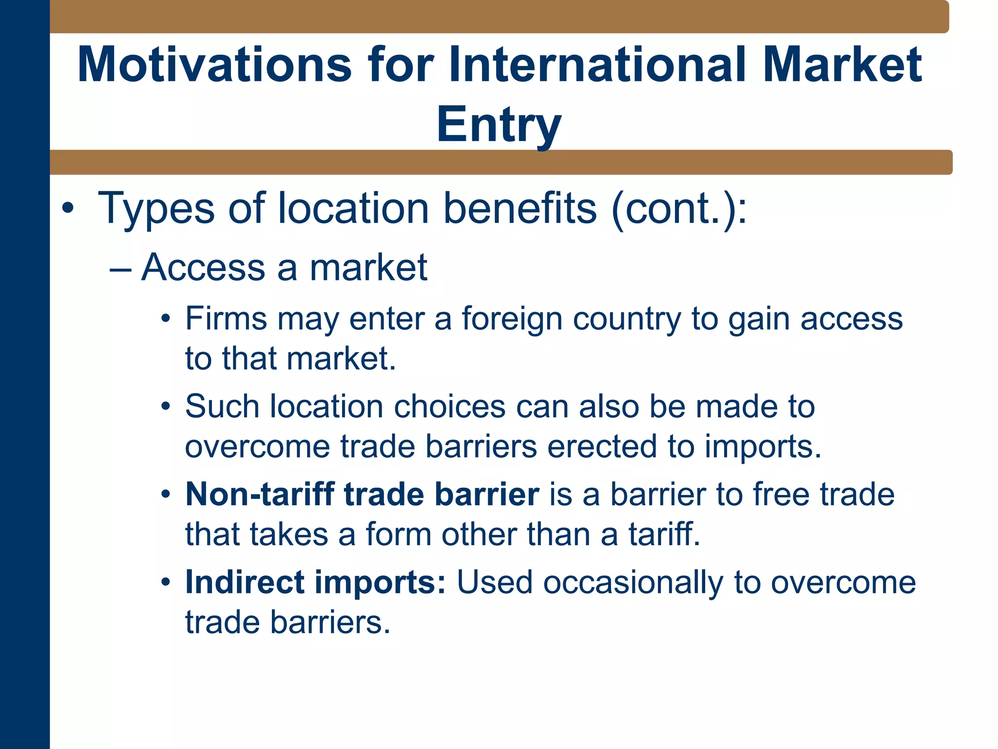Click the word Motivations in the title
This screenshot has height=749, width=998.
pos(214,65)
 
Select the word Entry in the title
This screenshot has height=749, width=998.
pos(499,125)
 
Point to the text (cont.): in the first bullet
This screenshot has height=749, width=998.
pos(679,209)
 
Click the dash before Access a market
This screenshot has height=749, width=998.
pos(120,269)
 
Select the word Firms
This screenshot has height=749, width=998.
pos(226,319)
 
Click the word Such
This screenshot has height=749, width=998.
pos(222,406)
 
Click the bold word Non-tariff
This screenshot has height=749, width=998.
pos(259,494)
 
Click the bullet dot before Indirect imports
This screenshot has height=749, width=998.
pos(166,583)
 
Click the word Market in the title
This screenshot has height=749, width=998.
pos(842,65)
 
